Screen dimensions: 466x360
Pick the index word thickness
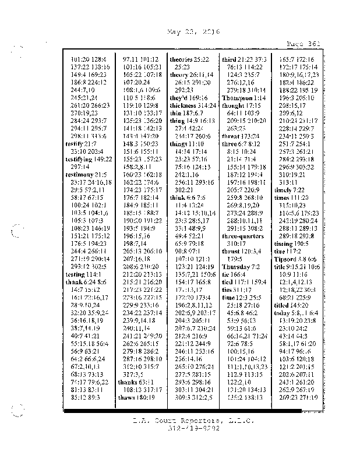[x=183, y=105]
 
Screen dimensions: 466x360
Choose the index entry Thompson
[x=236, y=97]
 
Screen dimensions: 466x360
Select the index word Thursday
[x=236, y=266]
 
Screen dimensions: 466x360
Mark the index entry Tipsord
[x=287, y=259]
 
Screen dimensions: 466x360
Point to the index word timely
[x=283, y=190]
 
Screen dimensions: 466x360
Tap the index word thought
[x=234, y=105]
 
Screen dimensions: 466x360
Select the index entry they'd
[x=180, y=97]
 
